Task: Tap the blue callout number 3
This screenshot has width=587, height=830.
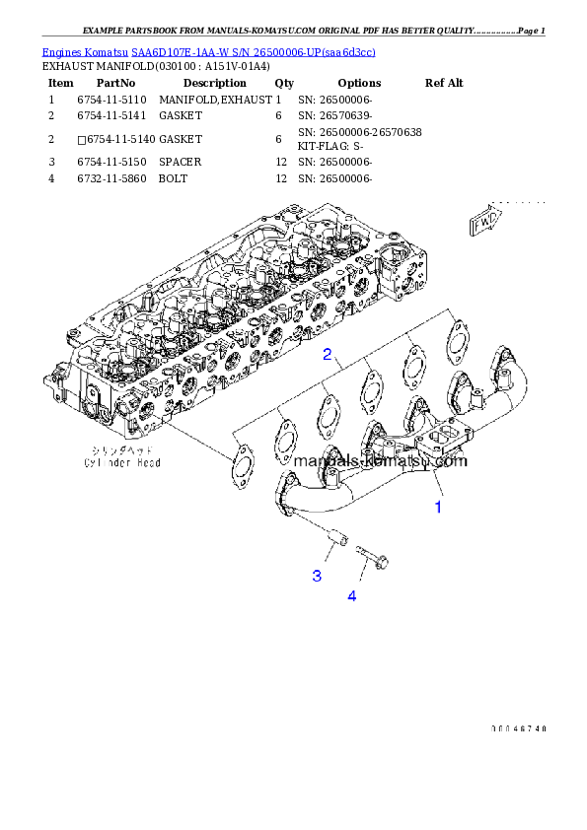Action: [x=317, y=576]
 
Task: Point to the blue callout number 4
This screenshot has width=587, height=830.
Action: [x=351, y=595]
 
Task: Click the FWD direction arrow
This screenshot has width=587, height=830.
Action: [x=485, y=224]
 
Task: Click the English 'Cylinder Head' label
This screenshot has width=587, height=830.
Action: [x=121, y=461]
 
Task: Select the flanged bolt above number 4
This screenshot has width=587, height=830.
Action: [x=370, y=558]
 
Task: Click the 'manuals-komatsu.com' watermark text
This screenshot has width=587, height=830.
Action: [x=380, y=460]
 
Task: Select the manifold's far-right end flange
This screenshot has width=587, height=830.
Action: [x=506, y=367]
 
